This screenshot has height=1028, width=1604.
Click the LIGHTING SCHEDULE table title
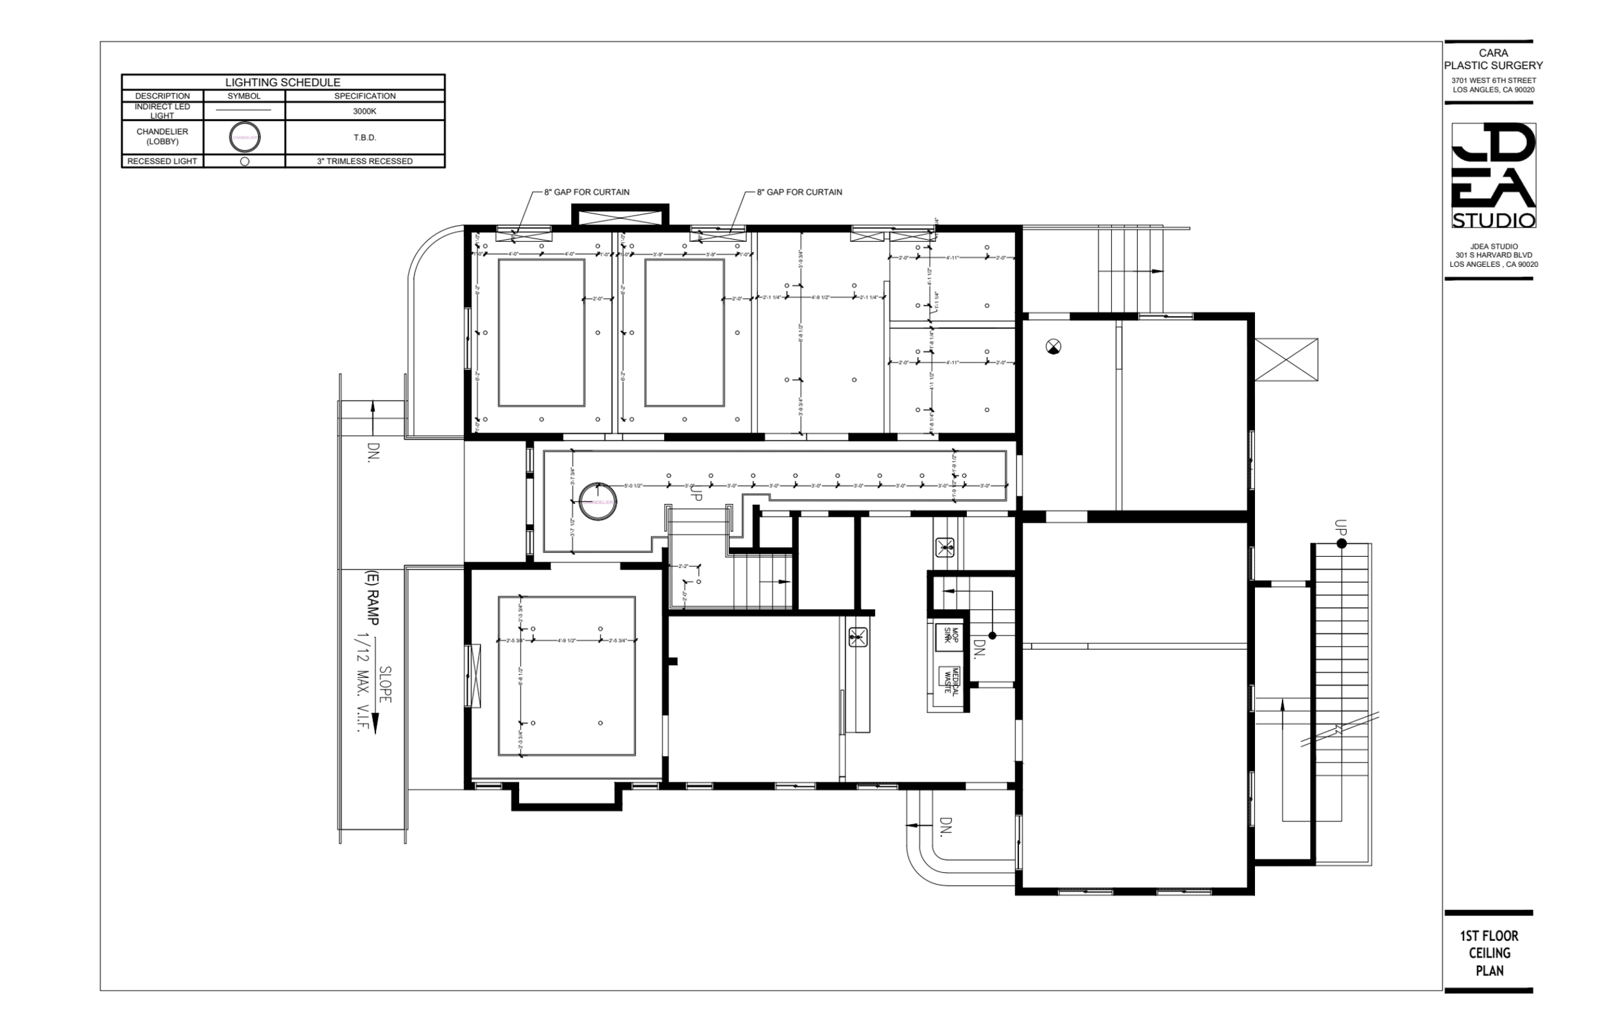(282, 82)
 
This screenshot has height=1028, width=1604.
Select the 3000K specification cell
(364, 111)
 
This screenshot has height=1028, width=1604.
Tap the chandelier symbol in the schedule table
(244, 137)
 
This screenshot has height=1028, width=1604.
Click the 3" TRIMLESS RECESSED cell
(364, 161)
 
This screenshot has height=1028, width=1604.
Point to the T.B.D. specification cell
(364, 137)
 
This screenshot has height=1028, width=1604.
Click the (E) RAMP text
(372, 598)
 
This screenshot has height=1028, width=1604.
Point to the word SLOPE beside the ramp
(386, 684)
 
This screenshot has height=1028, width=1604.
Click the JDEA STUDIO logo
(1493, 175)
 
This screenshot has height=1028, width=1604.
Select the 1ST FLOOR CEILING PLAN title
(1489, 953)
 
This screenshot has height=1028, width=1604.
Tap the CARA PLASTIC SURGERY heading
(1493, 59)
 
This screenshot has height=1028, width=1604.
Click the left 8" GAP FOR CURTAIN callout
(586, 192)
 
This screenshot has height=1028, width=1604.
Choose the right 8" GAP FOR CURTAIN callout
(799, 192)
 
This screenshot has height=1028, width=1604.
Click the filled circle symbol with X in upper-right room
(1053, 346)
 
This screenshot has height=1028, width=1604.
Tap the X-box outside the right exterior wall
(1286, 360)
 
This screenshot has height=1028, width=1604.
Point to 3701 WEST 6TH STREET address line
(1493, 81)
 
